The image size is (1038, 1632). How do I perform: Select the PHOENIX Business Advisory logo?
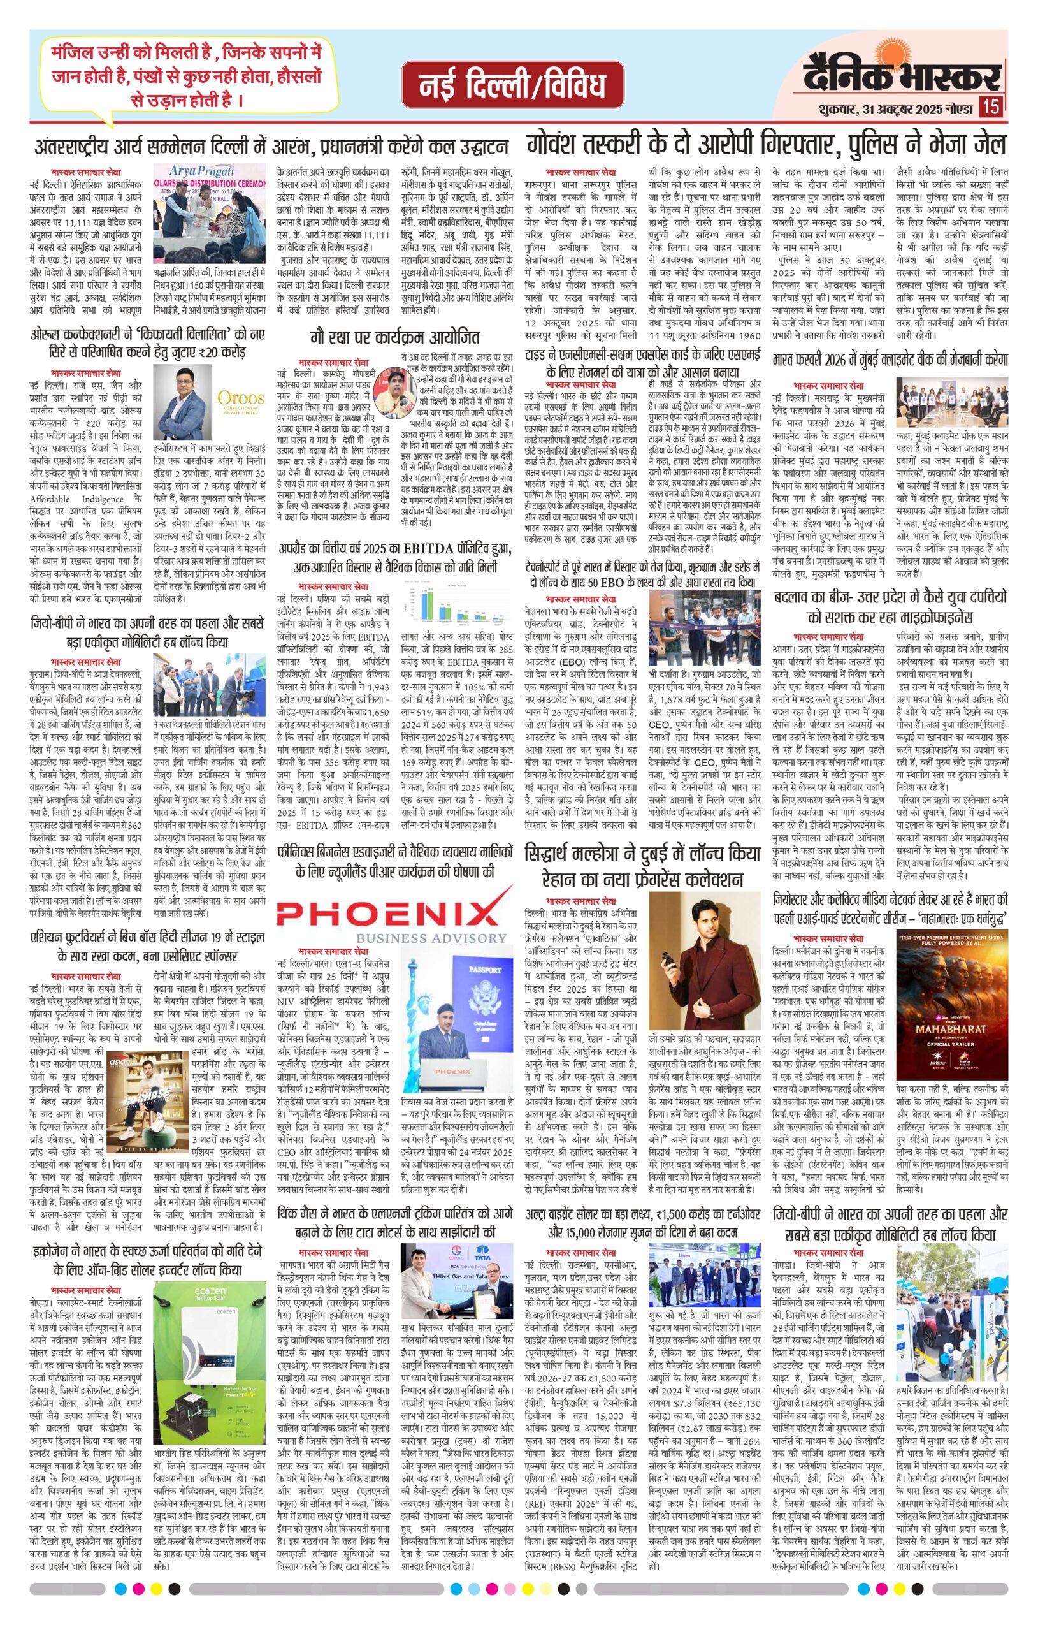393,914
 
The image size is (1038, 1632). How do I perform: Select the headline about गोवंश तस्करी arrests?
766,145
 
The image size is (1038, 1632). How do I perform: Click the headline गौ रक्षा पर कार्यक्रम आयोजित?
395,337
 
